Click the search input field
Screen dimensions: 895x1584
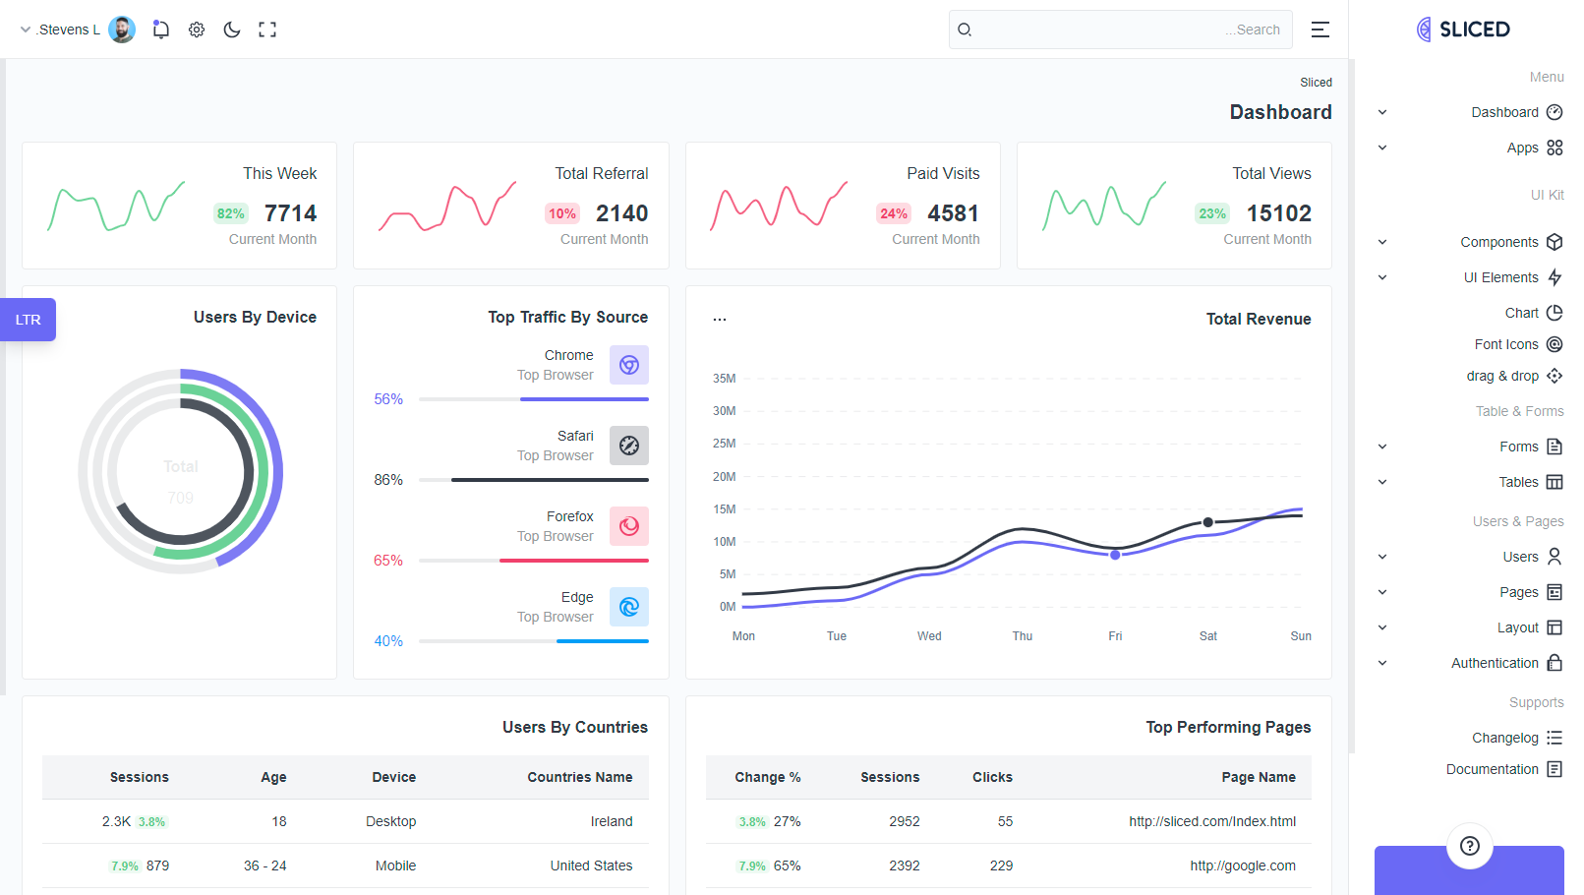(1121, 30)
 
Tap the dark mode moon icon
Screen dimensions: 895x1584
(232, 30)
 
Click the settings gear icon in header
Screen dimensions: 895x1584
(197, 30)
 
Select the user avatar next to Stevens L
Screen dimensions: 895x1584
(122, 30)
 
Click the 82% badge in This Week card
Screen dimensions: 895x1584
(231, 213)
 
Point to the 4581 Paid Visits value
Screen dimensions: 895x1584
(953, 213)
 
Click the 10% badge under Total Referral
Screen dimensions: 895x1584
(562, 213)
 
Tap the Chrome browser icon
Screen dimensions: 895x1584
(629, 365)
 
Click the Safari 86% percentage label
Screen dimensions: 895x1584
(388, 480)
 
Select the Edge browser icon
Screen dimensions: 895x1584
(629, 607)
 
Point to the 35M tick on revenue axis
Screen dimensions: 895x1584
(724, 379)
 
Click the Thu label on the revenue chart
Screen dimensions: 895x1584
(1023, 636)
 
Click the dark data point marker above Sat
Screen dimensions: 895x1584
(1208, 522)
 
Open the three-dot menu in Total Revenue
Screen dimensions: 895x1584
(720, 319)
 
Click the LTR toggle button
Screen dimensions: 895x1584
(29, 320)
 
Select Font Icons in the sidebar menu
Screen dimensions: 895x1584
(1506, 344)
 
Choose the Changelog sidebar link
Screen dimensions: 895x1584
(1505, 738)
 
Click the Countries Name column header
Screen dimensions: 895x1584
(580, 777)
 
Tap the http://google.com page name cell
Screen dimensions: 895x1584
(1243, 865)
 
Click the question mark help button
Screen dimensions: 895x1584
(1470, 846)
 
